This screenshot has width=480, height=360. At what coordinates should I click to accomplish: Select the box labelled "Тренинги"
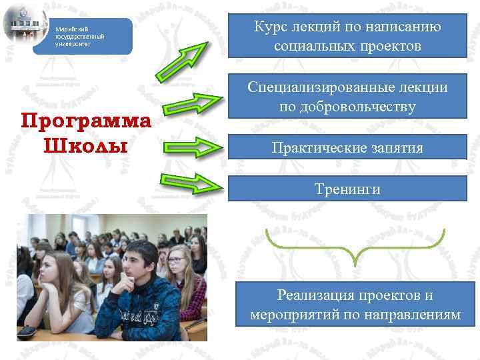point(348,189)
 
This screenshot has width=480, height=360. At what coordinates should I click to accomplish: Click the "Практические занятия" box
point(348,147)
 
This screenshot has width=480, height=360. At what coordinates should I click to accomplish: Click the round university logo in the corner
point(25,25)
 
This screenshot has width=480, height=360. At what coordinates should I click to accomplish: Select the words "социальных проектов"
point(347,47)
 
